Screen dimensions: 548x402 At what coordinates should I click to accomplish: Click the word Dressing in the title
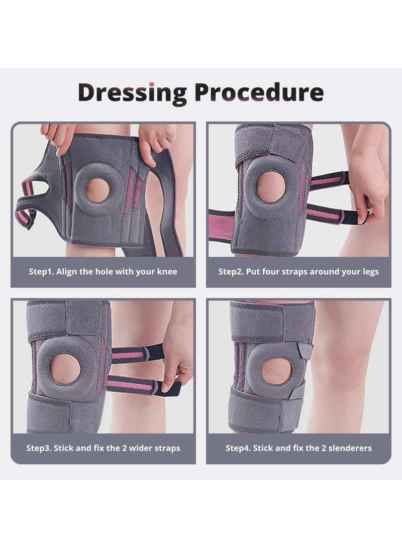(133, 92)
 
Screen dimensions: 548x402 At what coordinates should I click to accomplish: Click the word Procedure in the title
(259, 92)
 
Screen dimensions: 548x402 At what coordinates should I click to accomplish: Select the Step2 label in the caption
(231, 272)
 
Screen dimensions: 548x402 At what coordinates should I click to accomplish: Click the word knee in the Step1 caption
(167, 272)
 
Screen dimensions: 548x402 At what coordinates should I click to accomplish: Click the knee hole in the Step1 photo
(97, 190)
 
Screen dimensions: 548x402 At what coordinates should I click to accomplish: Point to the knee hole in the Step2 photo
(271, 187)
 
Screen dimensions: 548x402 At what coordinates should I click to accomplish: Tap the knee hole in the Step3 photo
(66, 369)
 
